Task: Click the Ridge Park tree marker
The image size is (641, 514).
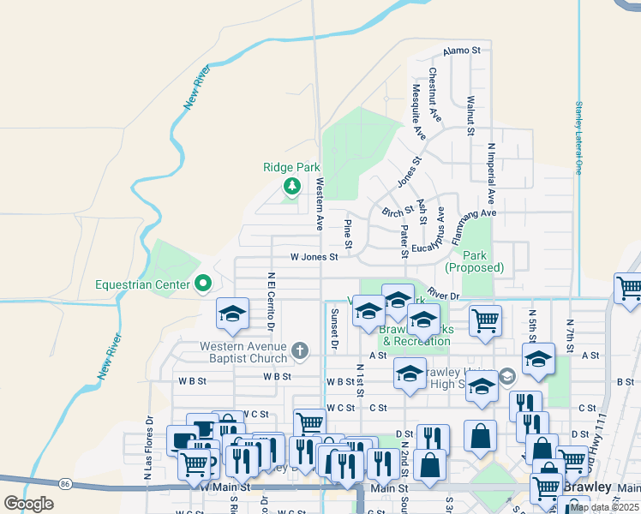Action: pos(292,186)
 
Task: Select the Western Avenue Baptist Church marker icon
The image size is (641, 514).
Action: pos(299,350)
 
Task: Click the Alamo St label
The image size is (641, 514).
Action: pos(462,51)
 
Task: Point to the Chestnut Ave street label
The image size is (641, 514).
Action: pos(434,93)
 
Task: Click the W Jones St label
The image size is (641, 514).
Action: pos(315,256)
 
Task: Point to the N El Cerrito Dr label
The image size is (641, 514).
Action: pos(271,302)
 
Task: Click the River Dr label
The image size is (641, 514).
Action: pos(443,294)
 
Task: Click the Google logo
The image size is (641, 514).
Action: pos(29,504)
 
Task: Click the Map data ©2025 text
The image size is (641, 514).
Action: pos(605,507)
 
